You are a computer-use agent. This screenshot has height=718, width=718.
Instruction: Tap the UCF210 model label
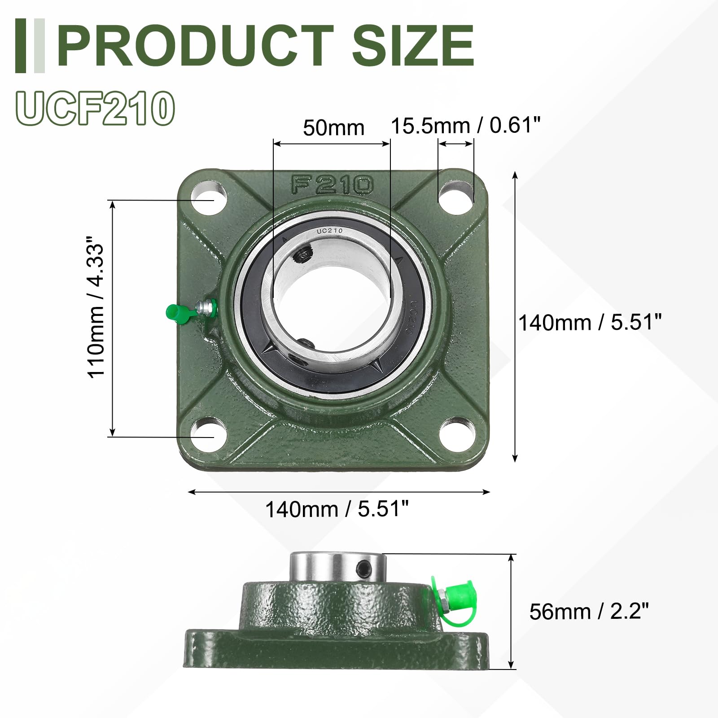click(95, 108)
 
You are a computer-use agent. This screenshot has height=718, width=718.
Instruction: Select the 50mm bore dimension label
click(333, 128)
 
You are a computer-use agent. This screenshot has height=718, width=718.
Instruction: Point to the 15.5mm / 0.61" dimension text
click(466, 125)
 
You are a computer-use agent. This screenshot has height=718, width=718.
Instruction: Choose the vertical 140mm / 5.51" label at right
click(590, 323)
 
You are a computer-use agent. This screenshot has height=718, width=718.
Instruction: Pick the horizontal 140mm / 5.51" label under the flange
click(337, 509)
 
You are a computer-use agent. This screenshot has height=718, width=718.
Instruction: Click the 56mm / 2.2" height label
click(589, 612)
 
